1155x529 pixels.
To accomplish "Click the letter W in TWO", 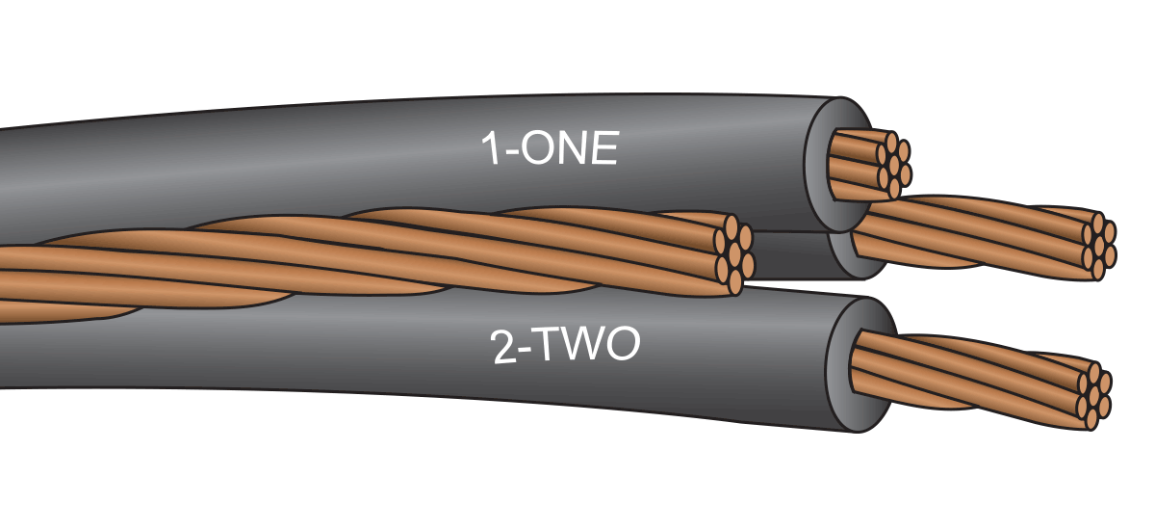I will click(589, 348).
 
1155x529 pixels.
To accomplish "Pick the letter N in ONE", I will click(569, 151).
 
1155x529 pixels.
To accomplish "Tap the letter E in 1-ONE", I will click(603, 151).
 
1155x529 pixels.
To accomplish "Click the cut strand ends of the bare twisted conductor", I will click(731, 254).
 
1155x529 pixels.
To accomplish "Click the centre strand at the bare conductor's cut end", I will click(731, 254).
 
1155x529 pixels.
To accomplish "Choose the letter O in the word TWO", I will click(625, 348).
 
